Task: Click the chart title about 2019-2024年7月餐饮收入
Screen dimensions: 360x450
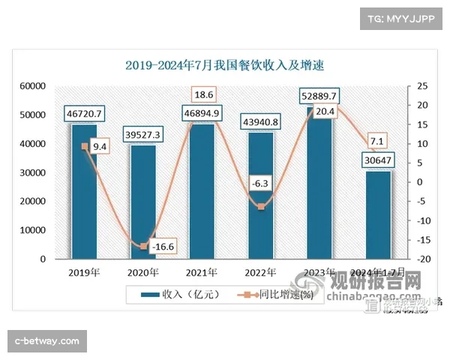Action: coord(224,64)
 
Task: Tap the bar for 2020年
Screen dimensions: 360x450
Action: coord(143,206)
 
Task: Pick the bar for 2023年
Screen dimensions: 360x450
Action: coord(319,187)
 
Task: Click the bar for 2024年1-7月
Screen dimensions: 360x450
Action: coord(378,217)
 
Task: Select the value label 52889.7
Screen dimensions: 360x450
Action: coord(319,96)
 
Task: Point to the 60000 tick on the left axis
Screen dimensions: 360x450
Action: coord(32,86)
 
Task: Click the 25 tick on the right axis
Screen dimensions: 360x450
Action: coord(424,86)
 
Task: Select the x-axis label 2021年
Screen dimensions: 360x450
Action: coord(202,272)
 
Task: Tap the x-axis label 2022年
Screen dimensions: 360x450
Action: coord(260,272)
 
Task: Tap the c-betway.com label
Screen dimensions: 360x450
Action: coord(47,341)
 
